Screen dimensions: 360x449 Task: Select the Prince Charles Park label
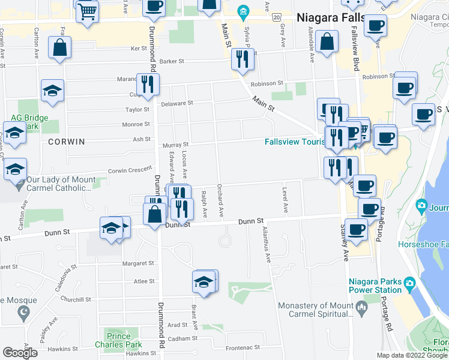(119, 340)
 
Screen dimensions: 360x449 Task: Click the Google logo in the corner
(20, 353)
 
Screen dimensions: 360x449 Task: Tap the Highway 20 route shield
(276, 18)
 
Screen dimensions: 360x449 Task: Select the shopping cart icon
(88, 10)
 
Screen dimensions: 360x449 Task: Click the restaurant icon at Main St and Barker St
(243, 59)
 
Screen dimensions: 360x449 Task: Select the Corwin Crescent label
(130, 170)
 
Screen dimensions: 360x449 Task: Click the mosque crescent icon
(24, 313)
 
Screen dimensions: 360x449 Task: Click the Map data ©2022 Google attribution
(412, 355)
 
